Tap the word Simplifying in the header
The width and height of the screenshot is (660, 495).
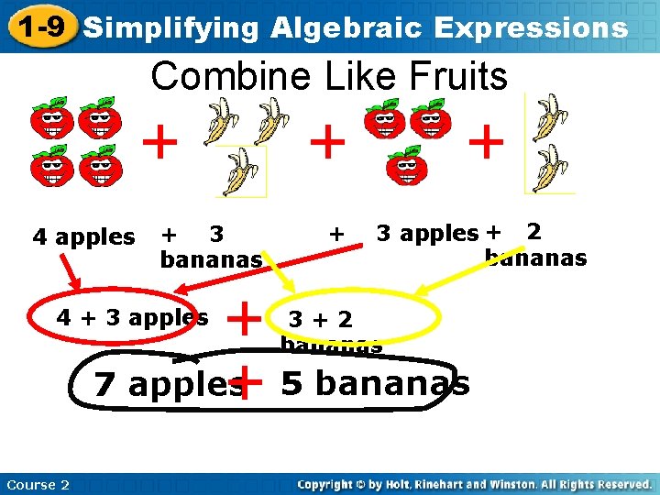(x=171, y=27)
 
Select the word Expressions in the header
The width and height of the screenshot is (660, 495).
(x=531, y=27)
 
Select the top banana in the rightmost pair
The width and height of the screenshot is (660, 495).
(x=549, y=117)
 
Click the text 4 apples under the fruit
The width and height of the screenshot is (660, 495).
(x=83, y=237)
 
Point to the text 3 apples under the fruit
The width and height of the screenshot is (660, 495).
(x=427, y=234)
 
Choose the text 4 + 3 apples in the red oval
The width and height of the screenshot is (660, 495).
(x=132, y=318)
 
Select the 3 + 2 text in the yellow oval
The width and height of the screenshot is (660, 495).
(x=320, y=319)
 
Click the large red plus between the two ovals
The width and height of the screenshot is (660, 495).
(x=245, y=319)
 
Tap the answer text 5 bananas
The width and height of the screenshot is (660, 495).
(x=375, y=383)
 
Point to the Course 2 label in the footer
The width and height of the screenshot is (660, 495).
(x=37, y=485)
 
